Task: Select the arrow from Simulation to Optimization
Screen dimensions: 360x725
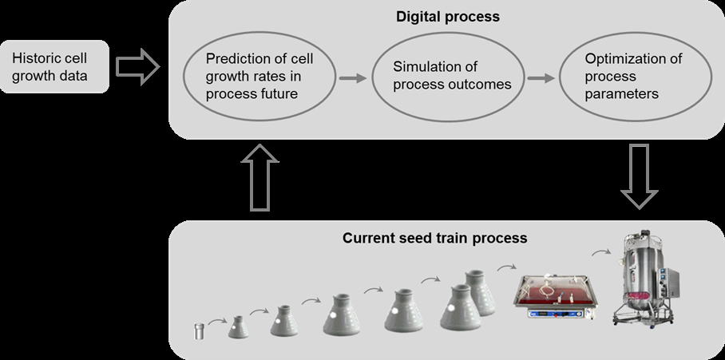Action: [x=541, y=77]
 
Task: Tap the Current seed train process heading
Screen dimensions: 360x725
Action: [x=434, y=238]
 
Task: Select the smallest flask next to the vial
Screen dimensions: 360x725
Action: [x=238, y=326]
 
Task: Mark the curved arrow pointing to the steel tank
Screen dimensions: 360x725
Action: [x=601, y=252]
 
